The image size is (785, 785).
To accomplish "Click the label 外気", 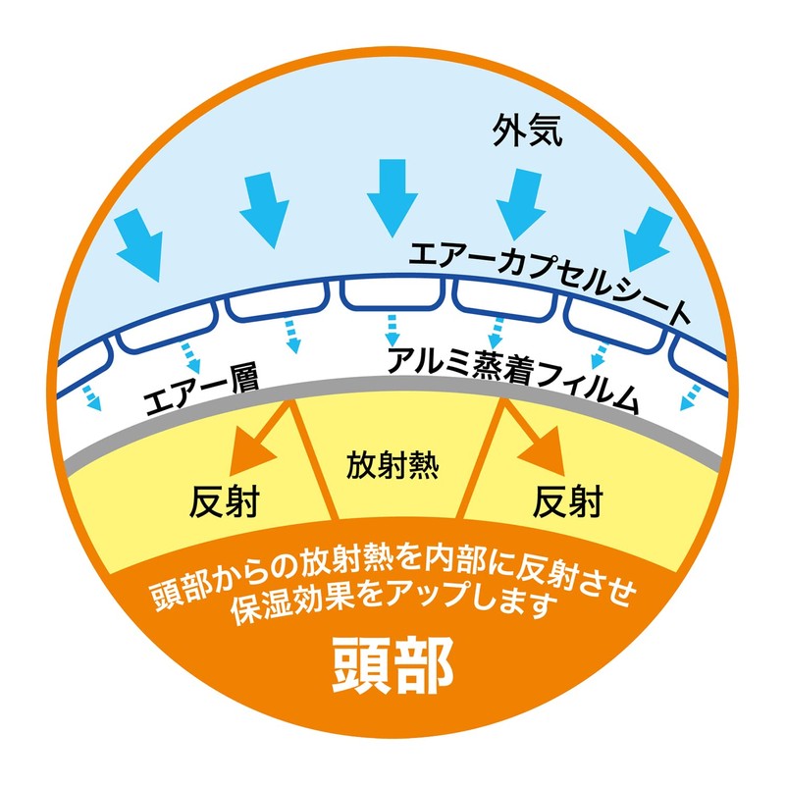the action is (x=528, y=131).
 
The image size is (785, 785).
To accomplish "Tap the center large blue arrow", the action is (x=392, y=198).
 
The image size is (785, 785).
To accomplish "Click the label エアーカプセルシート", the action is (x=549, y=281).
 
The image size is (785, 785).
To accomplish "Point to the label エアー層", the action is (x=201, y=392).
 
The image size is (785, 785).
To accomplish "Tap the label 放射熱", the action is (x=392, y=465).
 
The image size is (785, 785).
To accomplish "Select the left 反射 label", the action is (x=225, y=501).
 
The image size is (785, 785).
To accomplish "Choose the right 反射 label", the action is (x=568, y=501).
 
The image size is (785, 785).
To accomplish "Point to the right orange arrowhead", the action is (x=545, y=451).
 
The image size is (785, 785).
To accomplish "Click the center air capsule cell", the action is (x=392, y=292).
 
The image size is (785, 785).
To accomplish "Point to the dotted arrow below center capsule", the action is (x=393, y=331).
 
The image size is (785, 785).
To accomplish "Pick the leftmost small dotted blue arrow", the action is (x=92, y=398).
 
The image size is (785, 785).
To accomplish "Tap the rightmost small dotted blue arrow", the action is (x=690, y=397).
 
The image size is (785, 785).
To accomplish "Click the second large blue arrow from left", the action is (x=264, y=210).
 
